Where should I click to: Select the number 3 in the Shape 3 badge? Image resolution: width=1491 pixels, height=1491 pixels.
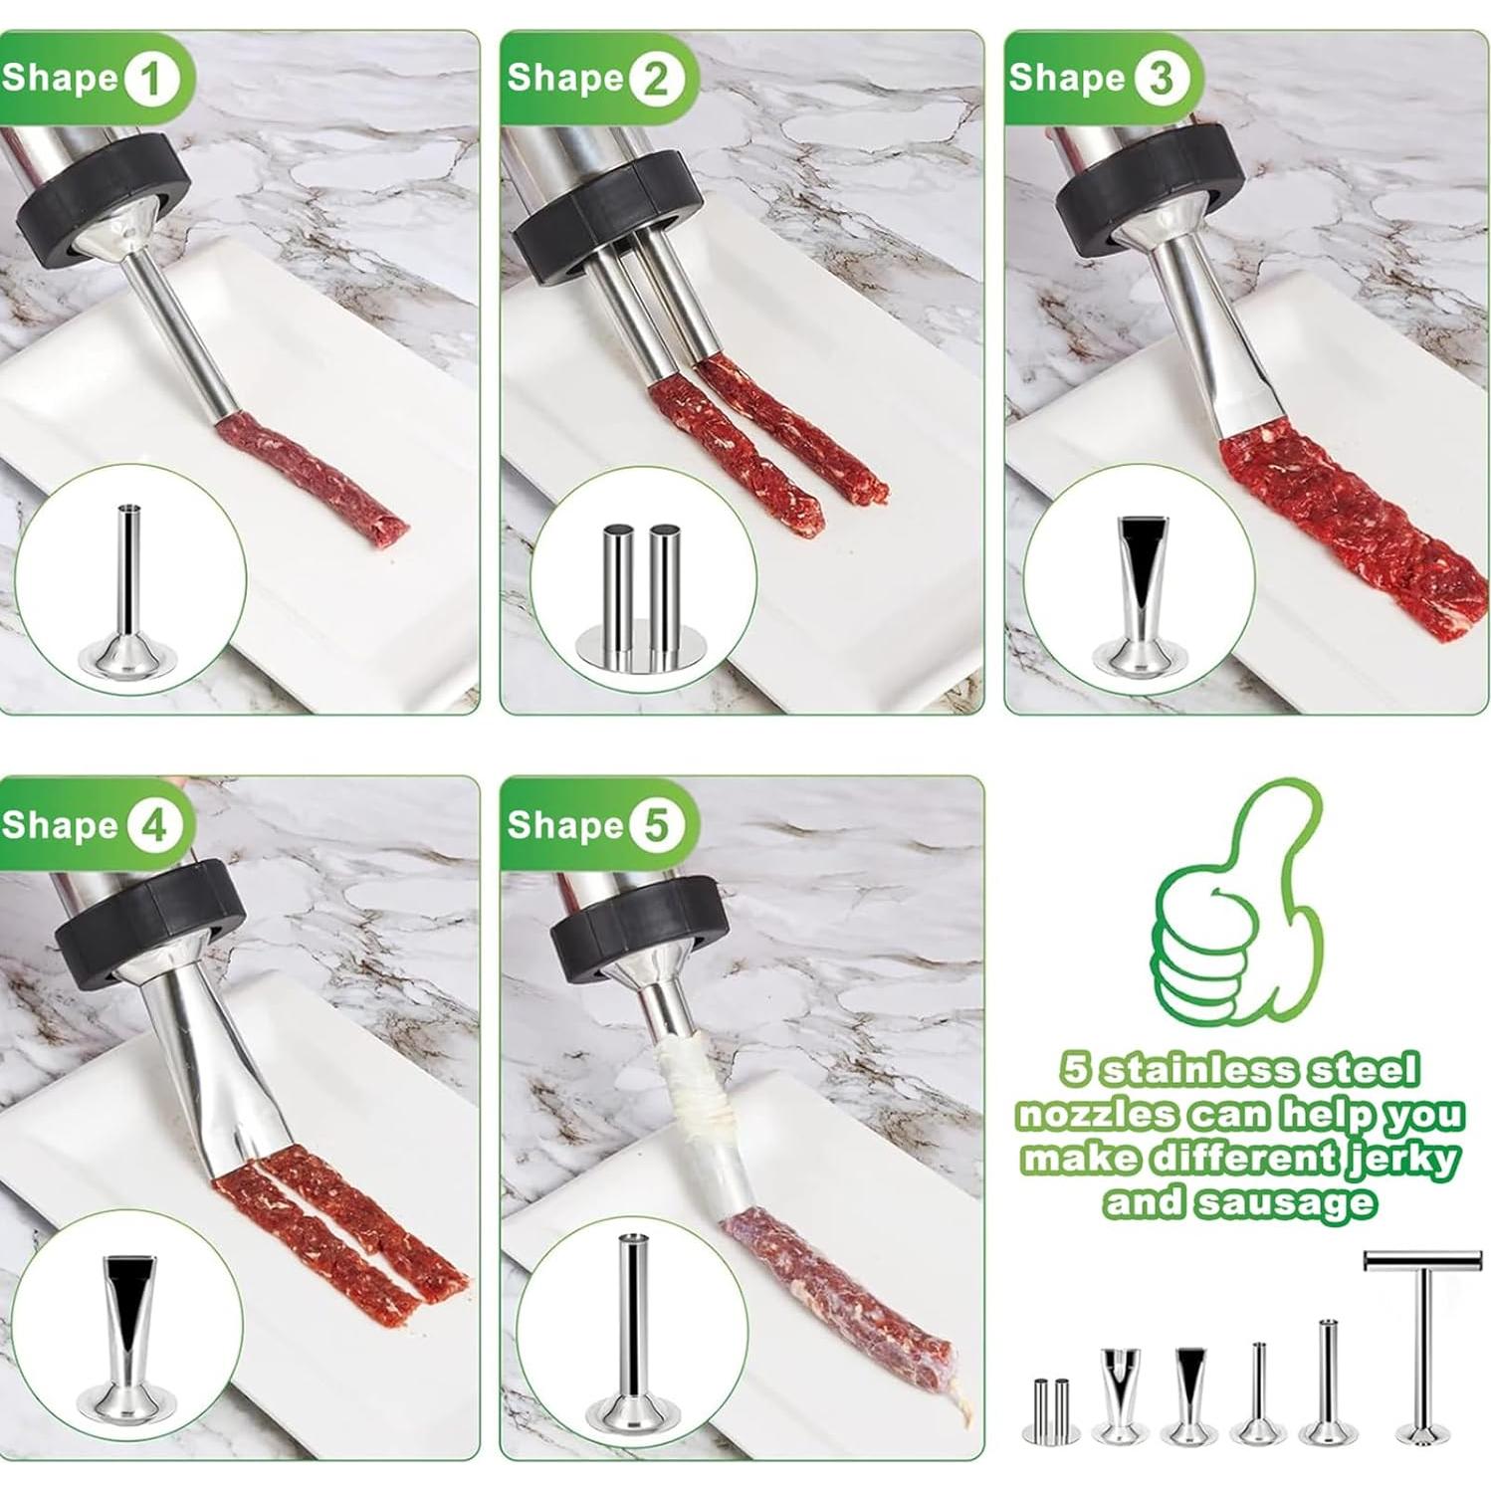point(1160,79)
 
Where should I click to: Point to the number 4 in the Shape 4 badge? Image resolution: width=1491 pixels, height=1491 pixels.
point(150,826)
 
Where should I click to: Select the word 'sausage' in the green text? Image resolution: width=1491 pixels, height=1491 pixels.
point(1285,1202)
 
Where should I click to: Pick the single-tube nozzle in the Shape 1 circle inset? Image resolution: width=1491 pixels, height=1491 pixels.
point(128,592)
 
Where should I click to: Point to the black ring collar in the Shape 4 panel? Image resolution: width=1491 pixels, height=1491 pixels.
point(149,926)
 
